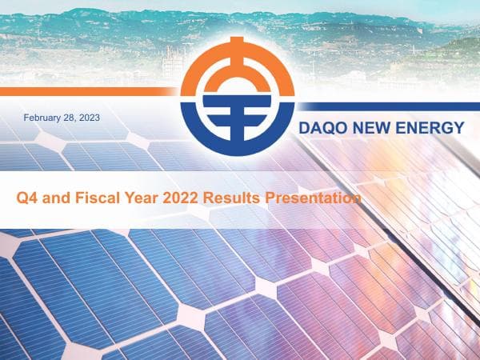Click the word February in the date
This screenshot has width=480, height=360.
pyautogui.click(x=42, y=118)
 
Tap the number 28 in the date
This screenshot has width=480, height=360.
pyautogui.click(x=68, y=118)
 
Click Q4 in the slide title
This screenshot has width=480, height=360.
pyautogui.click(x=26, y=197)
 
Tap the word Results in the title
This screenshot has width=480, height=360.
pyautogui.click(x=230, y=197)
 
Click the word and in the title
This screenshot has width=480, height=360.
pyautogui.click(x=53, y=197)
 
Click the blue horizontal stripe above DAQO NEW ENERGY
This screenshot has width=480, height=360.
pyautogui.click(x=384, y=106)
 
